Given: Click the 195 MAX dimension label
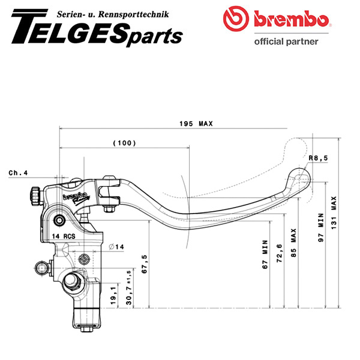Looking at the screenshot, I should click(x=196, y=124).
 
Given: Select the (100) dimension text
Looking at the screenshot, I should click(x=124, y=143).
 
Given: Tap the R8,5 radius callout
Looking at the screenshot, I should click(x=319, y=158).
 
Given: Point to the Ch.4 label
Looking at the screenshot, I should click(x=19, y=173).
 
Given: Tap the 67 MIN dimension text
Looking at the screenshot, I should click(x=265, y=256).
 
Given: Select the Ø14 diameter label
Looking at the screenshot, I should click(x=116, y=246).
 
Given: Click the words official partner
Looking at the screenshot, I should click(x=286, y=41).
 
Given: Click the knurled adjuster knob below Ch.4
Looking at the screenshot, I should click(x=33, y=195).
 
